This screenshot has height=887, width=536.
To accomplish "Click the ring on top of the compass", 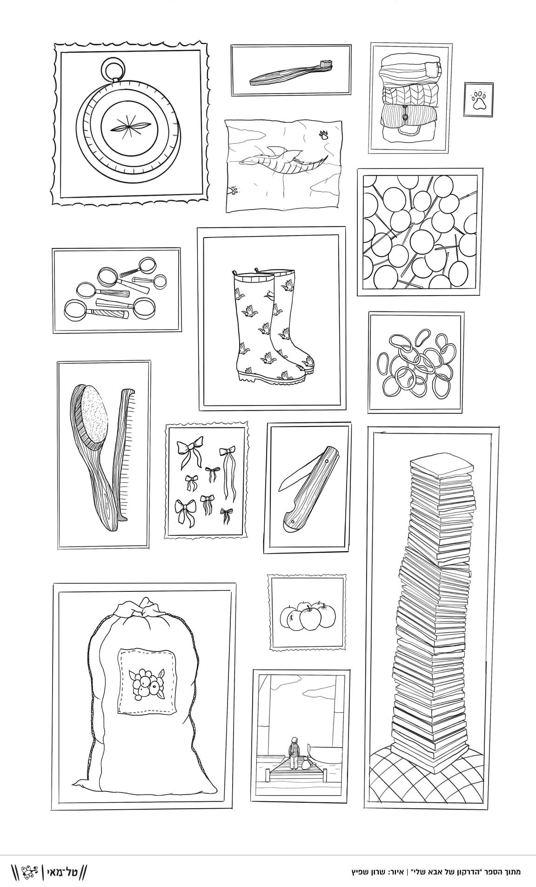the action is point(114,69).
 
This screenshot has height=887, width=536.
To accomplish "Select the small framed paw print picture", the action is point(478,100).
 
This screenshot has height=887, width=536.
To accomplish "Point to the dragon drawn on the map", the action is point(282,158).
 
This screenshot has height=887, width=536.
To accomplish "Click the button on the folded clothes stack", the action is point(405,116).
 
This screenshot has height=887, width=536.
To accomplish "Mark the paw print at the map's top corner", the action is point(323,135).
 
